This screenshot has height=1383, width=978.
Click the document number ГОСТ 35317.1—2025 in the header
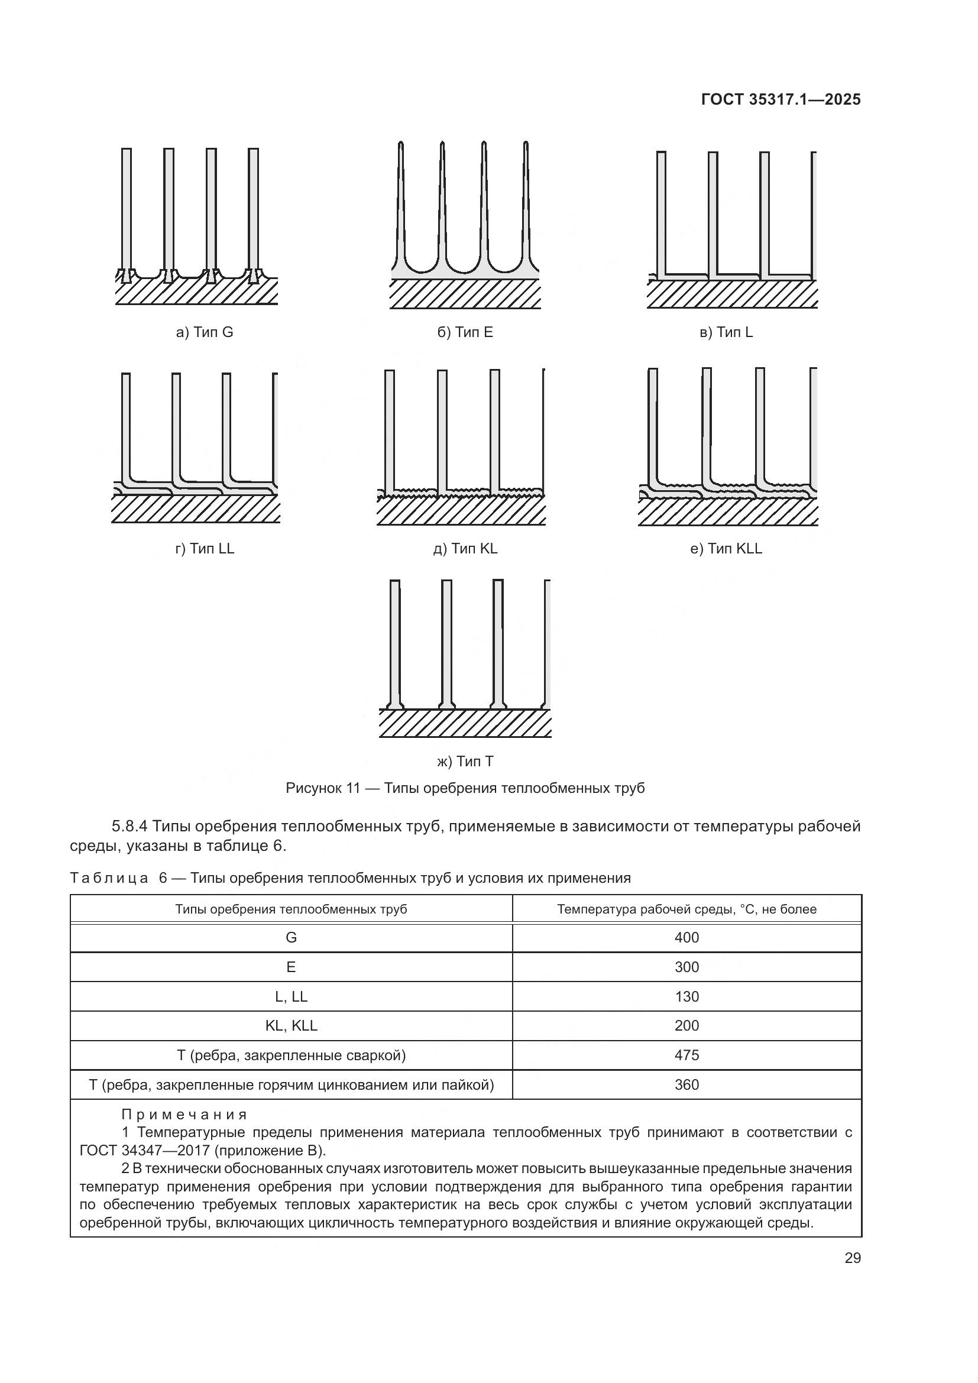click(x=781, y=99)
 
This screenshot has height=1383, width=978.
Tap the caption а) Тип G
click(x=204, y=332)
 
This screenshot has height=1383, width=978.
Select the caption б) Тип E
click(x=465, y=332)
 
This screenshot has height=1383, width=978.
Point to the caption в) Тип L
click(x=726, y=332)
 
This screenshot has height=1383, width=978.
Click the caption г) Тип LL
click(x=204, y=549)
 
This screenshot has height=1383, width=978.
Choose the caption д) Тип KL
click(x=465, y=549)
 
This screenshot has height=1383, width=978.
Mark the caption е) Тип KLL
click(x=726, y=549)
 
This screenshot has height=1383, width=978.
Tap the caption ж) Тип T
click(x=465, y=762)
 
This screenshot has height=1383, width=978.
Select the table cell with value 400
click(x=686, y=938)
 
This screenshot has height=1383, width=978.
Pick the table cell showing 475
click(x=686, y=1055)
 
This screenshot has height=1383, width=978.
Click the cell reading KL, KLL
click(x=291, y=1026)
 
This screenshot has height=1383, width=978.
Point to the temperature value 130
click(x=686, y=996)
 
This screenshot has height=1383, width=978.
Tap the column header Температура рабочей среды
click(x=686, y=909)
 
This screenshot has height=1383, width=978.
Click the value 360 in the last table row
click(x=686, y=1085)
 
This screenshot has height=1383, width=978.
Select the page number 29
click(x=852, y=1258)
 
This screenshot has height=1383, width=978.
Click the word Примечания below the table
click(x=184, y=1115)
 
